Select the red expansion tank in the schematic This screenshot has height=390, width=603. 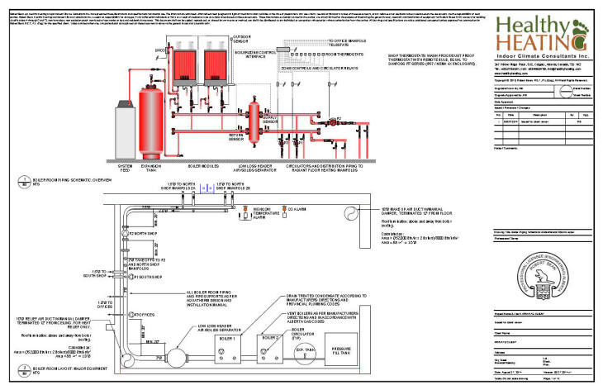point(150,116)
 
